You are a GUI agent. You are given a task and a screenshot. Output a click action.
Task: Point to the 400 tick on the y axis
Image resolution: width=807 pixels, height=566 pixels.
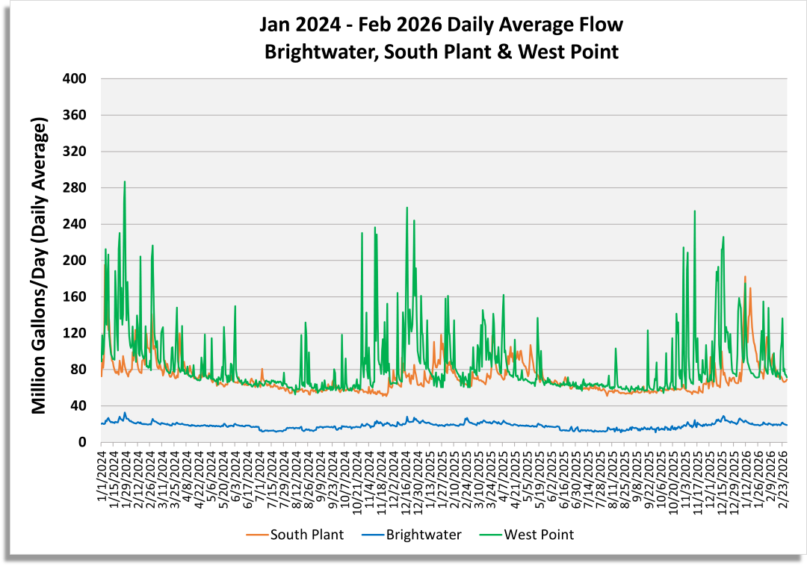click(77, 79)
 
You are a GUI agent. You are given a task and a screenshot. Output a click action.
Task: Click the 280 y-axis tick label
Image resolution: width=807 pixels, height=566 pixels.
click(77, 188)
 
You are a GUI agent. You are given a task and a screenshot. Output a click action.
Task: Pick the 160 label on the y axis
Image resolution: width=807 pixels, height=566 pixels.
click(77, 297)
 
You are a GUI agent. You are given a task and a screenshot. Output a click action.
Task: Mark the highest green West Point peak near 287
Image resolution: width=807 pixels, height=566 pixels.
click(125, 181)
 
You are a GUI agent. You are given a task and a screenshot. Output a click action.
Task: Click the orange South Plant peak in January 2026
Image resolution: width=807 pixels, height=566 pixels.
click(745, 277)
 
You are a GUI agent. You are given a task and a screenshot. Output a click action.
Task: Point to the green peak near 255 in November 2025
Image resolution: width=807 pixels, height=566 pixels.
click(695, 211)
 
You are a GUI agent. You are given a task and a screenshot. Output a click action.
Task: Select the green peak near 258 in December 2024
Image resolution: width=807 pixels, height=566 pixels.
click(406, 208)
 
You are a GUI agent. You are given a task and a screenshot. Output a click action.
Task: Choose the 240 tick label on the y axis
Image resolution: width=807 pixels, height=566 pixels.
click(77, 224)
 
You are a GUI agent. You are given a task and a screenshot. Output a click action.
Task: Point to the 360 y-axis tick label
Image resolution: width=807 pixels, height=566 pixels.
click(77, 115)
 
